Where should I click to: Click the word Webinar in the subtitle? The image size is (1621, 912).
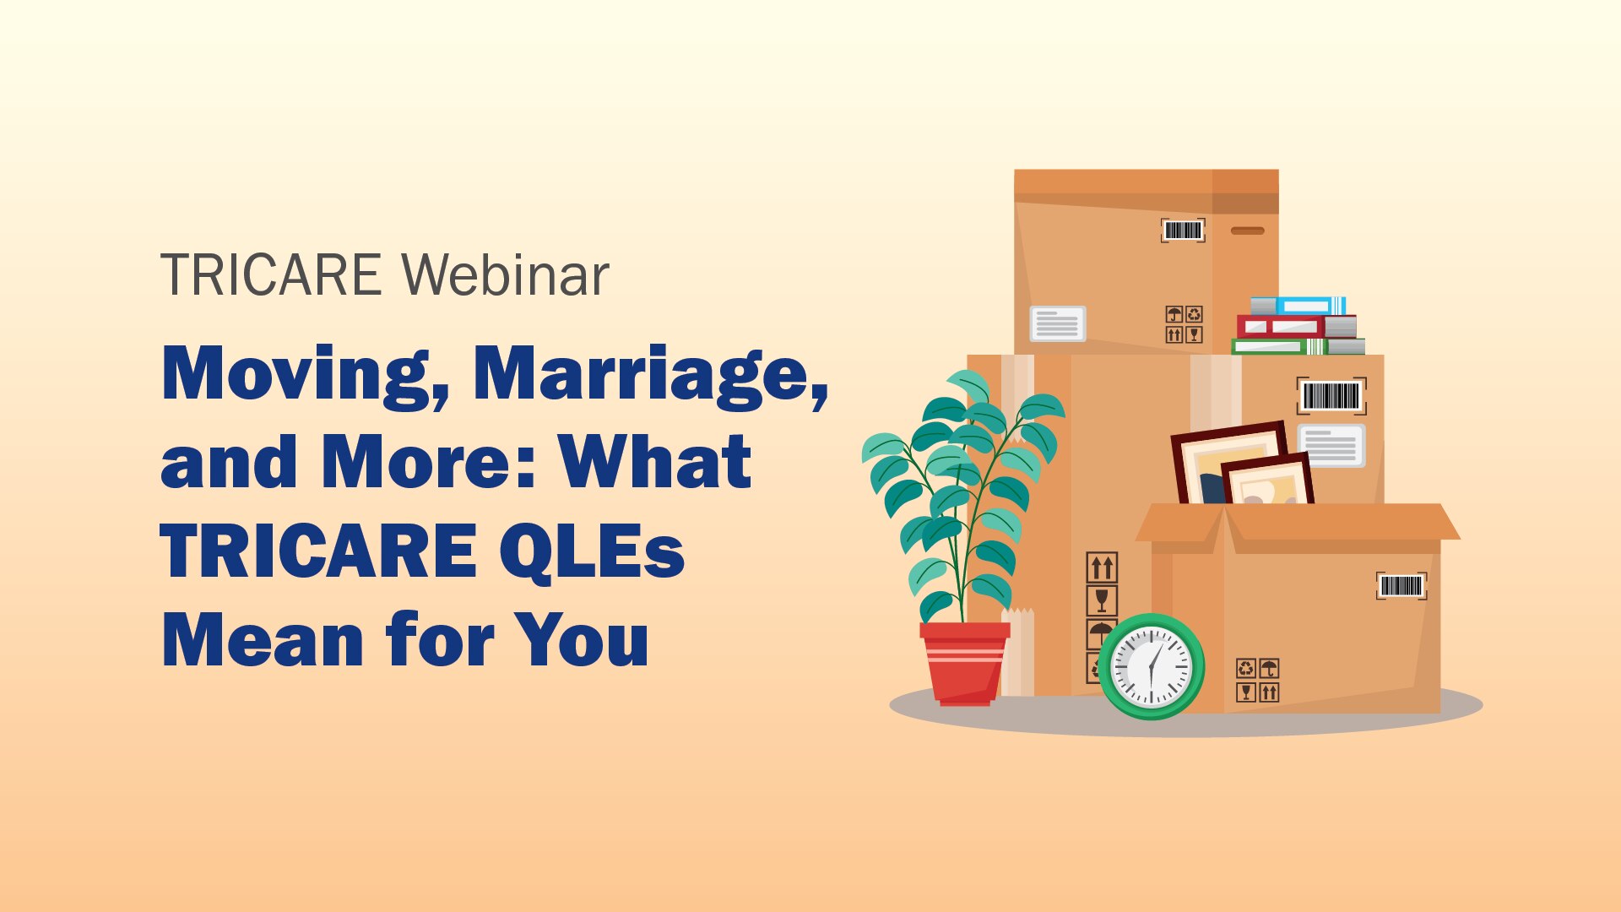click(x=505, y=275)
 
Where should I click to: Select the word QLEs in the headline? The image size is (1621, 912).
click(x=591, y=551)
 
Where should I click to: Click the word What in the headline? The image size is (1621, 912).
click(x=654, y=462)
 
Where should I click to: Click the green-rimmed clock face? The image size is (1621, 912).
click(x=1151, y=667)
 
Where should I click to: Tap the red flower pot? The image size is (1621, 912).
click(x=964, y=663)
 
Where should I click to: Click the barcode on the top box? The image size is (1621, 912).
click(x=1182, y=230)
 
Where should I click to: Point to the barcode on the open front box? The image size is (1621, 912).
click(x=1401, y=586)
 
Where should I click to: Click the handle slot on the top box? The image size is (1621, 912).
click(x=1247, y=231)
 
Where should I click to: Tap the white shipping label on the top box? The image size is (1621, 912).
click(x=1057, y=323)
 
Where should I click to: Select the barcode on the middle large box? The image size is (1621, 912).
click(x=1331, y=395)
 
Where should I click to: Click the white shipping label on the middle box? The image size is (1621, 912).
click(x=1331, y=445)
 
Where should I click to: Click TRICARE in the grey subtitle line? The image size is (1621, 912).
click(x=271, y=275)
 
